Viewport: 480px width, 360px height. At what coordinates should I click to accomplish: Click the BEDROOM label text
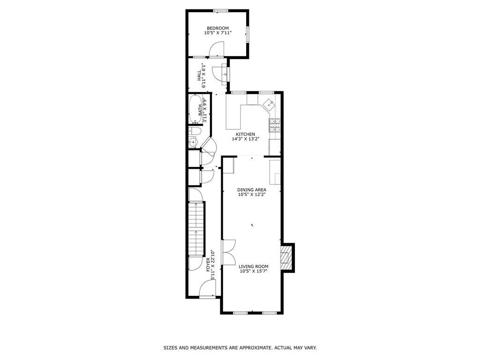click(217, 28)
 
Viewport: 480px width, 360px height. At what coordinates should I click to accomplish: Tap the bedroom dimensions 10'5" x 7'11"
click(217, 33)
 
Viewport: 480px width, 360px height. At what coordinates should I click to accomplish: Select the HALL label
click(199, 75)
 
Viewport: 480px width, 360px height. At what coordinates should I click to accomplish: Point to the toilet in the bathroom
click(195, 131)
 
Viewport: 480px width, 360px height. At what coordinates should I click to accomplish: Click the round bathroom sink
click(193, 142)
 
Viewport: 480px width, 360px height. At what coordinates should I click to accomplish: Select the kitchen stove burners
click(275, 124)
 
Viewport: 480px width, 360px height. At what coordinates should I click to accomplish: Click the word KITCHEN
click(245, 134)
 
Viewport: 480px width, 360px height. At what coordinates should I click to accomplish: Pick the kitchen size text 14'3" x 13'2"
click(245, 139)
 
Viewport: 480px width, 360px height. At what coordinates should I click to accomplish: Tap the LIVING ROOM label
click(254, 266)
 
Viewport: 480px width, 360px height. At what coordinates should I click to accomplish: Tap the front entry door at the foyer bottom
click(207, 290)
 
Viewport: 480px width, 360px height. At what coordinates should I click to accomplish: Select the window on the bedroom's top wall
click(220, 11)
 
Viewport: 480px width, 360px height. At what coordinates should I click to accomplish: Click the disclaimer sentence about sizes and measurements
click(240, 348)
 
